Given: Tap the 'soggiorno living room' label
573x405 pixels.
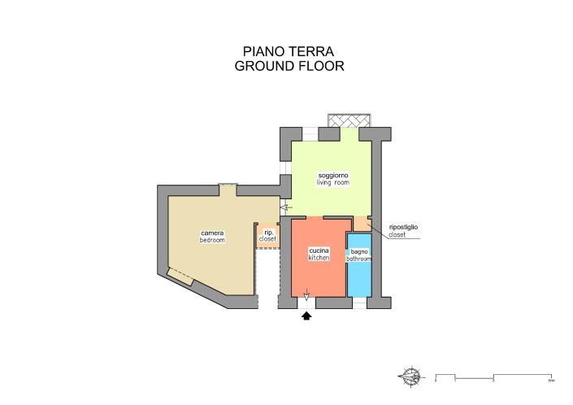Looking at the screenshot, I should pyautogui.click(x=333, y=179).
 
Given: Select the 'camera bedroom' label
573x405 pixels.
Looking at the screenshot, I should pyautogui.click(x=212, y=237).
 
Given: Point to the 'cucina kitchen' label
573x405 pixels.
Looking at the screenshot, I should pyautogui.click(x=319, y=253).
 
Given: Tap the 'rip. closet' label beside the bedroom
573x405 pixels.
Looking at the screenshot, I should pyautogui.click(x=267, y=236).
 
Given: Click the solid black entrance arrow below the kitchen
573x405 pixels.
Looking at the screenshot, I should pyautogui.click(x=306, y=316).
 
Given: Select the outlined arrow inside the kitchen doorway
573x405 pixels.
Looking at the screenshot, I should pyautogui.click(x=306, y=294).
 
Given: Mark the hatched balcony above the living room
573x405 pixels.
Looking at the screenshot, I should pyautogui.click(x=348, y=120).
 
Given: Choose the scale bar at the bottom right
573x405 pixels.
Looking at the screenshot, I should pyautogui.click(x=494, y=377).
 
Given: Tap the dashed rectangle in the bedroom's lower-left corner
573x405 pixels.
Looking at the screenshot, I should pyautogui.click(x=180, y=277).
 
